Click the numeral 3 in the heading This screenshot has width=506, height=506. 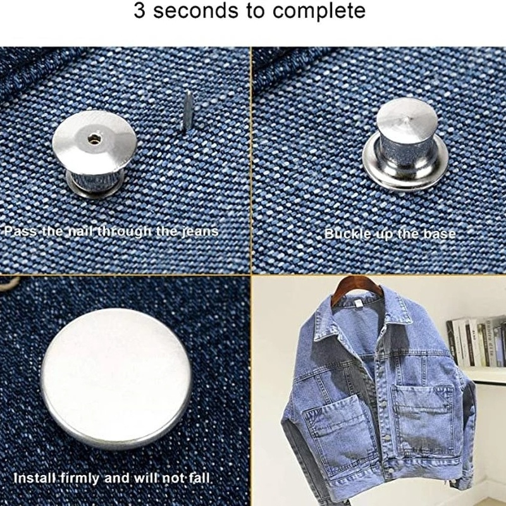pos(139,10)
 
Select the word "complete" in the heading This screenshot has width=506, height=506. pos(319,11)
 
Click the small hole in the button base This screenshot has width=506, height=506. pos(94,139)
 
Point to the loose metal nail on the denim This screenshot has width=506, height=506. pos(187,111)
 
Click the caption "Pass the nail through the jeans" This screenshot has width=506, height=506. pos(111,231)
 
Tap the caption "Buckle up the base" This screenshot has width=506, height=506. pos(390,233)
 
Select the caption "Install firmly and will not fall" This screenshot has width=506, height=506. pos(112,478)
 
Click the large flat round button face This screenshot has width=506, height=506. pos(116,378)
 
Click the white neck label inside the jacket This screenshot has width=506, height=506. pos(358,304)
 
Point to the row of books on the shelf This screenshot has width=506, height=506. pos(476,342)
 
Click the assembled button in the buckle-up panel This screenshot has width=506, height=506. pos(405,144)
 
